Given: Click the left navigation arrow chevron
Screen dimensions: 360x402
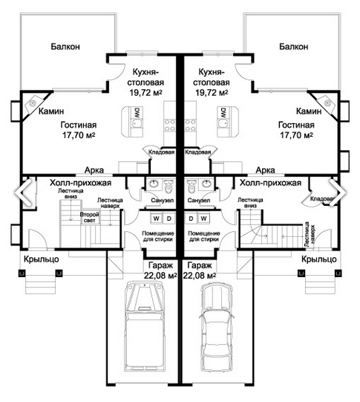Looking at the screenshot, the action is pyautogui.click(x=23, y=192).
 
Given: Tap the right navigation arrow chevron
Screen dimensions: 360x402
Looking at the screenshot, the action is pyautogui.click(x=337, y=192).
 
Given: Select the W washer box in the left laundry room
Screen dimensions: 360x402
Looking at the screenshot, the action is pyautogui.click(x=156, y=218).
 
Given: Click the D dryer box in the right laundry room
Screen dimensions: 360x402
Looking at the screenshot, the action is pyautogui.click(x=191, y=218).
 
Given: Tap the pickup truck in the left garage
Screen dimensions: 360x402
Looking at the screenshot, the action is pyautogui.click(x=144, y=326).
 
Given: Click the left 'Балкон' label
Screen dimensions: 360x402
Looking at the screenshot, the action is pyautogui.click(x=65, y=46).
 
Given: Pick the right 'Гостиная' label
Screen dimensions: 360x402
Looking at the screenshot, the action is pyautogui.click(x=296, y=125).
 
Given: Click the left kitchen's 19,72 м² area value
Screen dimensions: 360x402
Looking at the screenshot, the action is pyautogui.click(x=145, y=92).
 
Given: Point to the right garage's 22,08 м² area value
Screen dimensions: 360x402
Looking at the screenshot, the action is pyautogui.click(x=200, y=276).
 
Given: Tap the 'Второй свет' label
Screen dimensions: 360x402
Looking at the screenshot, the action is pyautogui.click(x=89, y=217).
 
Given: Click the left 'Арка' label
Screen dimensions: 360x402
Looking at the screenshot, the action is pyautogui.click(x=94, y=170).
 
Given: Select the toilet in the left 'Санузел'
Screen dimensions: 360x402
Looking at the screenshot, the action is pyautogui.click(x=168, y=187).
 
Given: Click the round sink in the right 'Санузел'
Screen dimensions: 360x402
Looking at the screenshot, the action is pyautogui.click(x=206, y=184).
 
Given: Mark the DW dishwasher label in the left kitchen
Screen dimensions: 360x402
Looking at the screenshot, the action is pyautogui.click(x=137, y=112).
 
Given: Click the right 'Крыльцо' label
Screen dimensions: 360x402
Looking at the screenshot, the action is pyautogui.click(x=319, y=259).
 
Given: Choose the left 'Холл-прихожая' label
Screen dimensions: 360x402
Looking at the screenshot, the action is pyautogui.click(x=80, y=183).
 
